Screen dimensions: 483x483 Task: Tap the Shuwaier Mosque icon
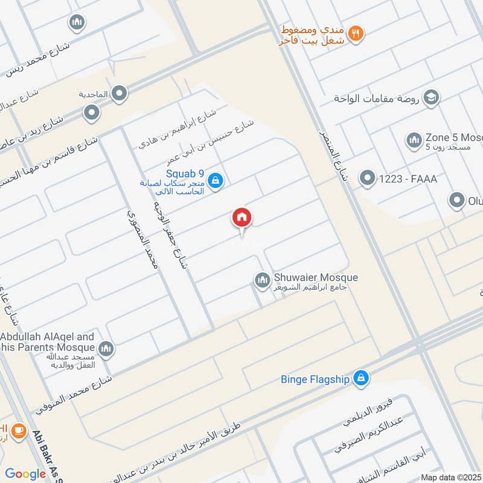point(261,280)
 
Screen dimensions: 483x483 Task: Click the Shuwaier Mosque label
point(315,277)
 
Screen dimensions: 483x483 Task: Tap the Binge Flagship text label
point(315,379)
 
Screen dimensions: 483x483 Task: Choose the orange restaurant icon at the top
point(357,34)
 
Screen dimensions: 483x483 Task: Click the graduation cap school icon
point(431,97)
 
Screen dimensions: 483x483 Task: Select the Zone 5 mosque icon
point(414,140)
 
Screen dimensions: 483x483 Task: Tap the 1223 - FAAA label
point(409,179)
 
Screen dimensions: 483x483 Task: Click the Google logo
point(25,473)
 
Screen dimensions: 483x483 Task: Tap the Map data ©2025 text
point(451,477)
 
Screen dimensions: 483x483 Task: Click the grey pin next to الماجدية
point(120,93)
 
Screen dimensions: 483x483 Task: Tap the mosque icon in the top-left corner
point(77,24)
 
